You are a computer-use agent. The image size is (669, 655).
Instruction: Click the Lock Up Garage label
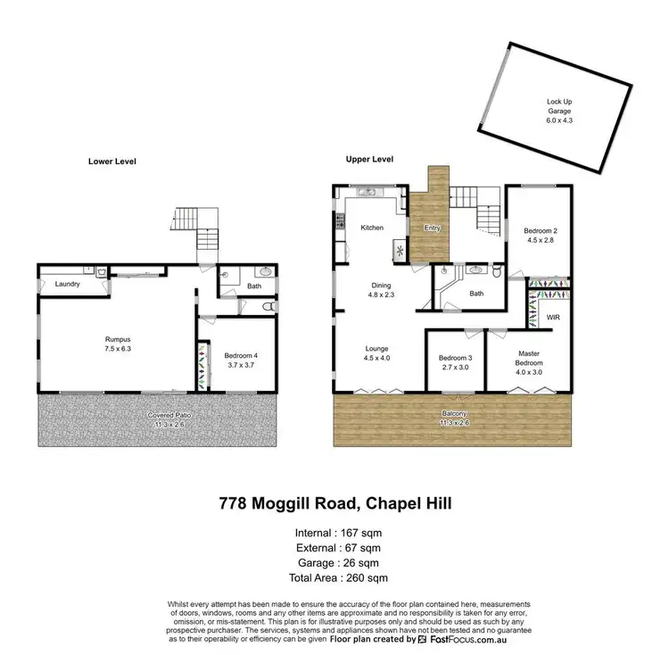[x=559, y=106]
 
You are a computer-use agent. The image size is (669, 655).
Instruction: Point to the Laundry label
[x=68, y=284]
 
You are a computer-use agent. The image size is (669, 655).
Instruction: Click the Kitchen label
[x=372, y=228]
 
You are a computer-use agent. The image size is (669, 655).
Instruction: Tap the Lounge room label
[x=376, y=353]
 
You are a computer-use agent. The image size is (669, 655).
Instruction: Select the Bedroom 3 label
[x=454, y=364]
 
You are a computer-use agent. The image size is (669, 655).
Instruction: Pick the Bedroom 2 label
[x=539, y=234]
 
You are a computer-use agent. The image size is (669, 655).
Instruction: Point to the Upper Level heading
[x=369, y=159]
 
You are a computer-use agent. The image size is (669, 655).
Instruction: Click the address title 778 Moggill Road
[x=334, y=504]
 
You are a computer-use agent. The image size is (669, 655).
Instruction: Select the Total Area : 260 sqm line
[x=334, y=579]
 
